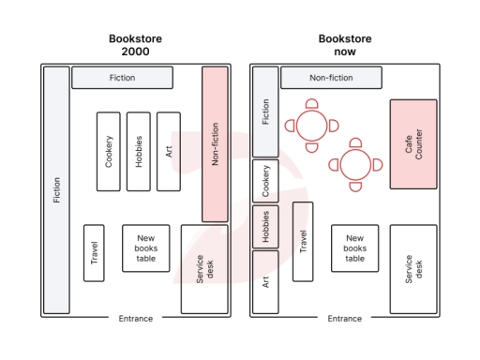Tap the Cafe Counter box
pyautogui.click(x=413, y=143)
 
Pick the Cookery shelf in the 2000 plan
pyautogui.click(x=109, y=151)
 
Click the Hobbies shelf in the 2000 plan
pyautogui.click(x=139, y=151)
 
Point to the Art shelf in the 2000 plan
pyautogui.click(x=169, y=151)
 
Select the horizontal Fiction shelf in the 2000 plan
pyautogui.click(x=122, y=78)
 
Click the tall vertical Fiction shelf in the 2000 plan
pyautogui.click(x=56, y=190)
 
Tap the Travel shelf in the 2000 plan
pyautogui.click(x=94, y=252)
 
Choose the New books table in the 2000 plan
pyautogui.click(x=146, y=247)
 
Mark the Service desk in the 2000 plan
pyautogui.click(x=204, y=269)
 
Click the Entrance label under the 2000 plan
pyautogui.click(x=135, y=319)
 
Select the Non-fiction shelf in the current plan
pyautogui.click(x=331, y=78)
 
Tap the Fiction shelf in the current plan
pyautogui.click(x=265, y=112)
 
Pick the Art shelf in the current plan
pyautogui.click(x=265, y=282)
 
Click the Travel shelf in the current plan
pyautogui.click(x=303, y=241)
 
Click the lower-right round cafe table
pyautogui.click(x=355, y=165)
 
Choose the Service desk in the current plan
pyautogui.click(x=413, y=269)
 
